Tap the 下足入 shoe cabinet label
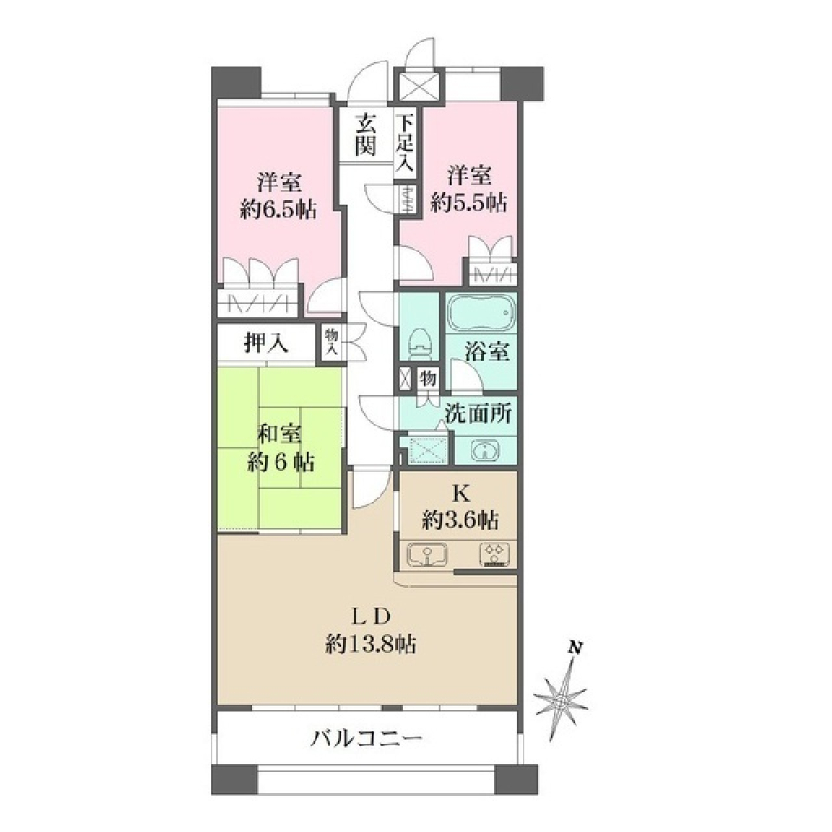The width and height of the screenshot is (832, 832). pos(405,144)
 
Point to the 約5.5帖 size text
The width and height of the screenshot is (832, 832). pos(471,202)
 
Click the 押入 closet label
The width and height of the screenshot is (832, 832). pos(264,344)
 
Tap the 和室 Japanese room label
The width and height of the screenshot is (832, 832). pos(279,435)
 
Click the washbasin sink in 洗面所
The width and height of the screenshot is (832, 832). pos(484,450)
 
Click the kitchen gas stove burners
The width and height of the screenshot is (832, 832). pos(495,554)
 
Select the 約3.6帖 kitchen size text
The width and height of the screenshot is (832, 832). pos(460,520)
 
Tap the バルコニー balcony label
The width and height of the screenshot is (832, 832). pos(367,738)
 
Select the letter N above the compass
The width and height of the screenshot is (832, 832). pos(573,647)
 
